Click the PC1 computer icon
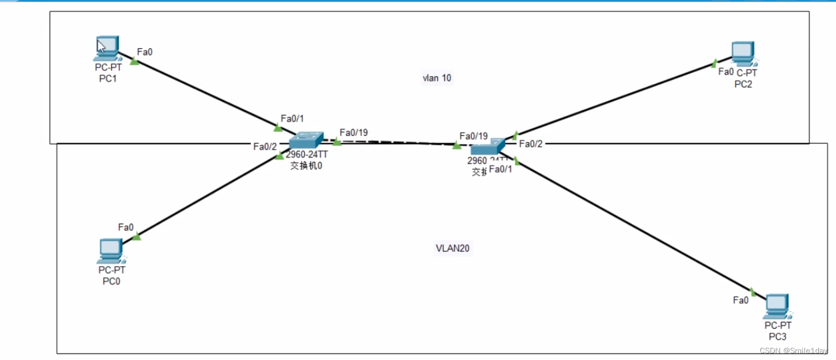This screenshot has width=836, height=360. [107, 48]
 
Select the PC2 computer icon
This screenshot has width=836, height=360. [742, 53]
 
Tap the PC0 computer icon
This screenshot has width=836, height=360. [111, 251]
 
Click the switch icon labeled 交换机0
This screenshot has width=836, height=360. [306, 140]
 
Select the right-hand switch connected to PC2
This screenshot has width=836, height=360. [486, 146]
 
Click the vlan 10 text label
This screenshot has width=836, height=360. [437, 78]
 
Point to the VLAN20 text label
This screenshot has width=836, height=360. [453, 248]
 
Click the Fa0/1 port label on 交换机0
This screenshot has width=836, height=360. [292, 118]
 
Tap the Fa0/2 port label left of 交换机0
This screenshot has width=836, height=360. [265, 146]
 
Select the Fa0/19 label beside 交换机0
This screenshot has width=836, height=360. [353, 133]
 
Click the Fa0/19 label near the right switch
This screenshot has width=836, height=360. [473, 136]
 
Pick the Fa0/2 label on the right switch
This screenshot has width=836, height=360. [530, 144]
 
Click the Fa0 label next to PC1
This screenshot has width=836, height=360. [145, 52]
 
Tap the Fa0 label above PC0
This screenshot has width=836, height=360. [126, 227]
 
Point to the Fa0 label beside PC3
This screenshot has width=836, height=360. [741, 300]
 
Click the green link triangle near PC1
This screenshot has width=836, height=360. [134, 61]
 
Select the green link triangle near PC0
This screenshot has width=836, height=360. [136, 237]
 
